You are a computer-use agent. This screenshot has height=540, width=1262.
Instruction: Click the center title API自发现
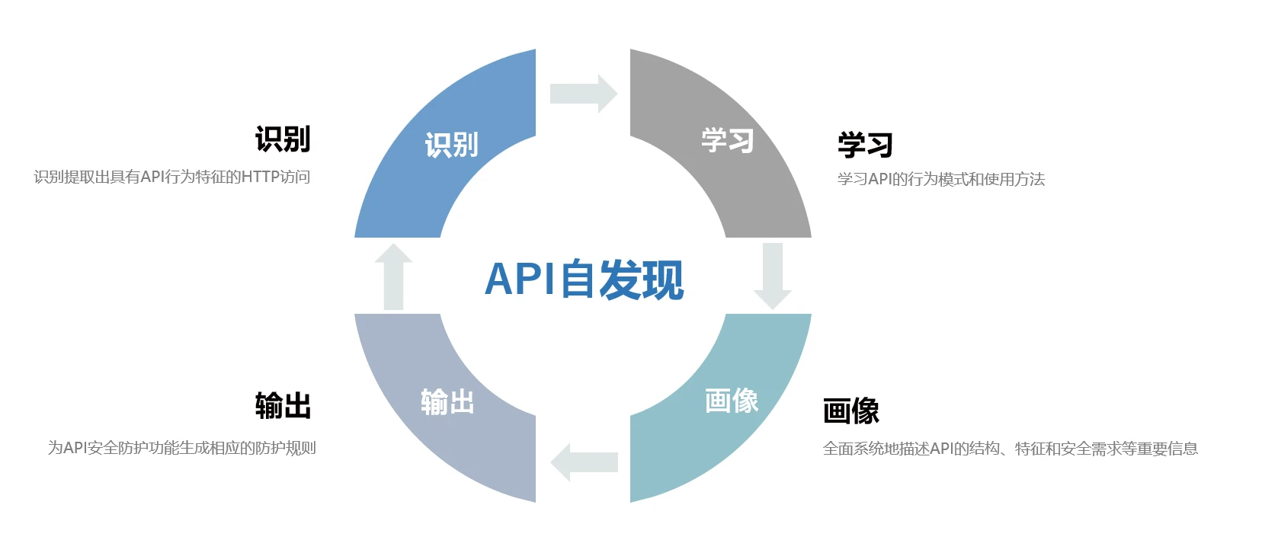pos(584,279)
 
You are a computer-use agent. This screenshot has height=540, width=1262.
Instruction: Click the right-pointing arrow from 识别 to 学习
pos(583,94)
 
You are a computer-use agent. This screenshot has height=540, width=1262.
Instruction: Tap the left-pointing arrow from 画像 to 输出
pos(585,462)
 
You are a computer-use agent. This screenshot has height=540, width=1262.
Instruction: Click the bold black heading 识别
pos(283,139)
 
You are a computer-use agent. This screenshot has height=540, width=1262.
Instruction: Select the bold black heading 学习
pos(865,145)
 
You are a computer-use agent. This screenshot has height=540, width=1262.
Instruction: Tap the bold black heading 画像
pos(851,411)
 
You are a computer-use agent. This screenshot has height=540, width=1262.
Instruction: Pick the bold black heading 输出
pos(283,405)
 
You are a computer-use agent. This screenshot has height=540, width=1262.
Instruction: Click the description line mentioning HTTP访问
pos(172,177)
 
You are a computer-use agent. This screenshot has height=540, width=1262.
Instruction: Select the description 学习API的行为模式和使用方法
pos(941,180)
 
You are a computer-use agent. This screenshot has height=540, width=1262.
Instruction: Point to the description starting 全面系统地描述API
pos(1011,449)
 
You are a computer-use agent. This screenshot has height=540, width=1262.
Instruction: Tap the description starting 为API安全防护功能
pos(182,448)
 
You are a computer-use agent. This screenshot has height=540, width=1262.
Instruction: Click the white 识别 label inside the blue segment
pos(451,145)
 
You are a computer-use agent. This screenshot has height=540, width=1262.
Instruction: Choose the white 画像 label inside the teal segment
pos(731,401)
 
